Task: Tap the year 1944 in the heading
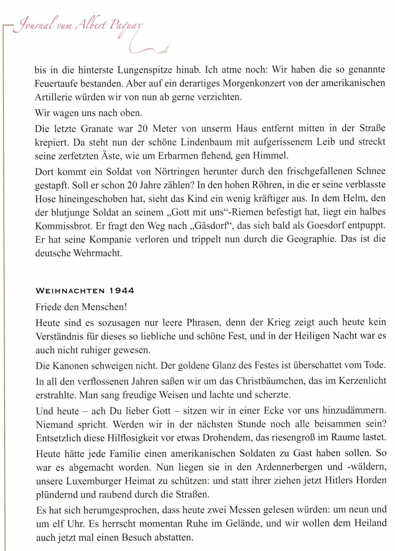pyautogui.click(x=122, y=291)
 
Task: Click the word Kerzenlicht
pyautogui.click(x=362, y=381)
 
